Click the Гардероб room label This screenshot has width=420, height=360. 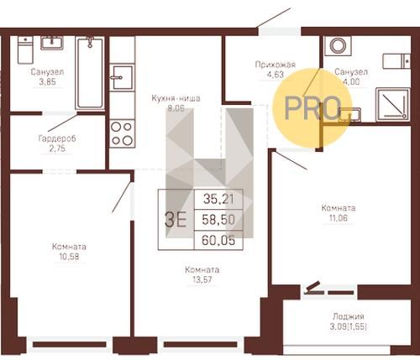57,138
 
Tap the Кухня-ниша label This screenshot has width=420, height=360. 176,98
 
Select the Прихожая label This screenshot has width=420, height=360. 276,65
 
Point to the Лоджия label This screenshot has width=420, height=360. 349,316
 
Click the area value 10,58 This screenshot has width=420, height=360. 69,257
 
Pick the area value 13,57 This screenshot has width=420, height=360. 202,279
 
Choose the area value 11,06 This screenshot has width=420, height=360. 339,218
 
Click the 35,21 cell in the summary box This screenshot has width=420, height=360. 218,199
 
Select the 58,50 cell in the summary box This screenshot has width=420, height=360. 218,220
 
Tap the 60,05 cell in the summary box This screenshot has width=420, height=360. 218,240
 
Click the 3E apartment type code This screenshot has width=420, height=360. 176,220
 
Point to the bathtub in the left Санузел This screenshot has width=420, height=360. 90,73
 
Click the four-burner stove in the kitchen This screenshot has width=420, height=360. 122,133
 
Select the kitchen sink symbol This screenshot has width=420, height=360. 122,77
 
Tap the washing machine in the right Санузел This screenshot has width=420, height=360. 338,45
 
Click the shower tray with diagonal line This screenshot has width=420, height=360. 393,105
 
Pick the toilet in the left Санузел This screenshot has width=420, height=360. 25,50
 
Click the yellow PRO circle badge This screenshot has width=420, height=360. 312,108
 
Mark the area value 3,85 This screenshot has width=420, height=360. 48,82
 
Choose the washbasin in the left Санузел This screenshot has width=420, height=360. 52,43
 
